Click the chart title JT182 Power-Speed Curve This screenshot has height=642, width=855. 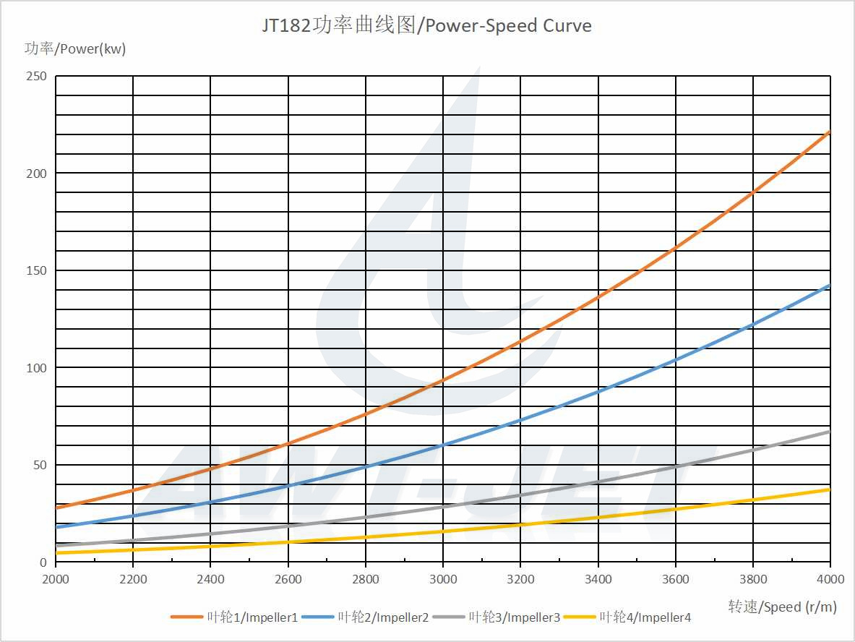click(x=426, y=26)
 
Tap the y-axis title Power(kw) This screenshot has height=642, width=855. click(x=75, y=49)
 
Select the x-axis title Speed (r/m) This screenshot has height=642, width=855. click(x=782, y=607)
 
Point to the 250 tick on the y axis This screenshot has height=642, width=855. click(x=37, y=76)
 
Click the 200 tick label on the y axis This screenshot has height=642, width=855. click(x=37, y=174)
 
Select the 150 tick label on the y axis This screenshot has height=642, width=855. click(x=37, y=270)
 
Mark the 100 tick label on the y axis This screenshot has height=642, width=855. click(x=37, y=368)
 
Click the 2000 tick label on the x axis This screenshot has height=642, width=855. click(x=56, y=579)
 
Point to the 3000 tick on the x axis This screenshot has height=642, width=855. click(x=443, y=579)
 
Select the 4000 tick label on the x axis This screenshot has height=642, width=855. click(x=830, y=579)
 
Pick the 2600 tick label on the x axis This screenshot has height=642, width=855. click(x=288, y=579)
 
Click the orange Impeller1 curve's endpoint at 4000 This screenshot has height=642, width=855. click(x=830, y=132)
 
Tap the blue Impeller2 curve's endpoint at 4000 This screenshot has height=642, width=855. click(x=830, y=286)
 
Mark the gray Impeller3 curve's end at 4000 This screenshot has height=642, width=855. click(x=830, y=432)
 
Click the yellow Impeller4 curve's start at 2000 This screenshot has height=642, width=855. click(x=56, y=553)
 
